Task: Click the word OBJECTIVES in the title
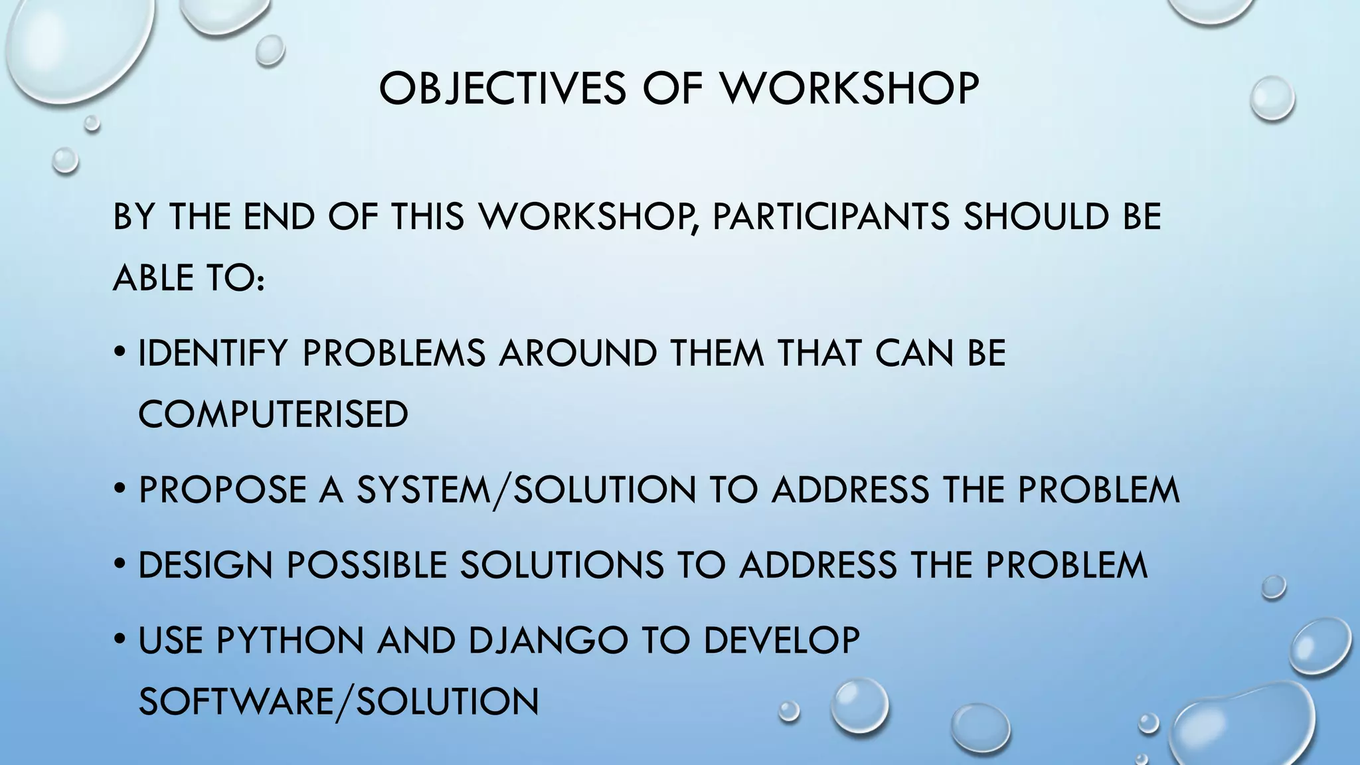pos(502,88)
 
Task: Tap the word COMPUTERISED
pos(273,414)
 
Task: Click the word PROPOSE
pos(222,490)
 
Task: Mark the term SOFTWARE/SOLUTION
pos(339,701)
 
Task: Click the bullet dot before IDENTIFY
pos(120,353)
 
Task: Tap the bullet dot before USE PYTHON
pos(120,640)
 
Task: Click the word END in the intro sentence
pos(279,216)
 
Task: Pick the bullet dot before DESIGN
pos(120,565)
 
